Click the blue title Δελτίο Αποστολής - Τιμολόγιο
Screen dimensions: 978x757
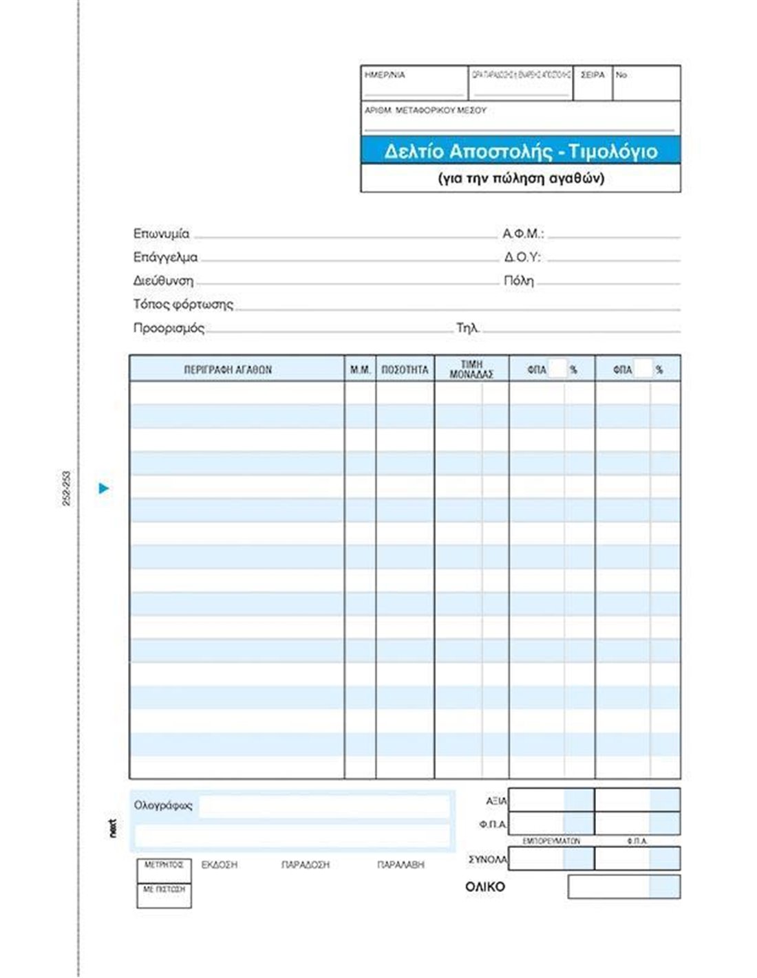(x=520, y=151)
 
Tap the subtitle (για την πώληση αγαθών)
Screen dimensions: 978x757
(x=521, y=178)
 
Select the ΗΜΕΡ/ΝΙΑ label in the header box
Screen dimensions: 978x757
(x=385, y=75)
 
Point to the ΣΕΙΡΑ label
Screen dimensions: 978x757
(x=593, y=75)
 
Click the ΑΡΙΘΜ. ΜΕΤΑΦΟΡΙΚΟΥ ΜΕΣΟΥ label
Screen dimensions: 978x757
(x=425, y=110)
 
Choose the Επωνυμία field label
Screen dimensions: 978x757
(x=161, y=234)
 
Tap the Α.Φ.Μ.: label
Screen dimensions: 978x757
(x=523, y=234)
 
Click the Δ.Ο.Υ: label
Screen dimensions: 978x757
(x=522, y=257)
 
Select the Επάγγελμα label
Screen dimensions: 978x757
(x=165, y=257)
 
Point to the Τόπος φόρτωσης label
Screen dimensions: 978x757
(x=183, y=304)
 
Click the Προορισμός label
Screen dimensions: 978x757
(x=169, y=328)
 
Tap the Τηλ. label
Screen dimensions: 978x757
(x=467, y=328)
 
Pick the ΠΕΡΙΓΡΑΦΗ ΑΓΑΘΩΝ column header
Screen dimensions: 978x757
(x=228, y=370)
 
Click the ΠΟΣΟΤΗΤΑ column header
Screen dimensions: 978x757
(x=405, y=370)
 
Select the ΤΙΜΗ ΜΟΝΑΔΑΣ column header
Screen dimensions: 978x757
(x=471, y=369)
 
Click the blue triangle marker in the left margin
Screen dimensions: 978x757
(x=104, y=488)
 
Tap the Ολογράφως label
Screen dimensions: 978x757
(x=163, y=805)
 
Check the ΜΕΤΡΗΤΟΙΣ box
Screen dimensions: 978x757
(x=164, y=870)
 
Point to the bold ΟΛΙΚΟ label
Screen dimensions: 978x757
(x=485, y=887)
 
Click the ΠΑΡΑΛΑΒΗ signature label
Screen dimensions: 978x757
(x=401, y=865)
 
